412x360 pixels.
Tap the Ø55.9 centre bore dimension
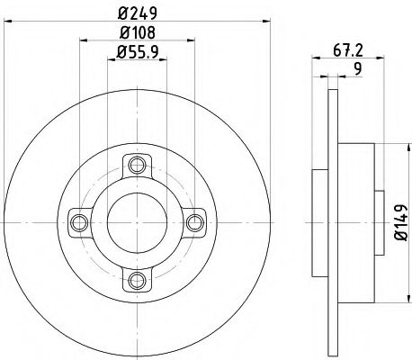[x=137, y=55]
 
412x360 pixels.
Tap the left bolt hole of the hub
[x=78, y=220]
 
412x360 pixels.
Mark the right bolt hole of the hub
[x=193, y=220]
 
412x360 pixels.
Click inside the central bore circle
[x=136, y=220]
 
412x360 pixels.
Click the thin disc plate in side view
[x=335, y=220]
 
